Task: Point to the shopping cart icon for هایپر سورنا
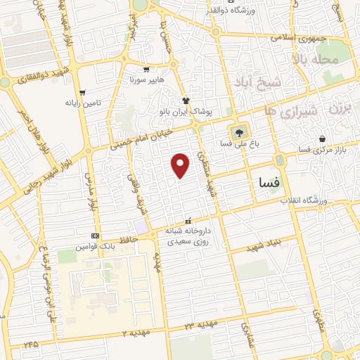tap(146, 69)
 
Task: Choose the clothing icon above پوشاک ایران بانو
tap(186, 101)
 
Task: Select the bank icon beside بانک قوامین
tap(96, 236)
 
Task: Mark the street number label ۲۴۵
tap(30, 345)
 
